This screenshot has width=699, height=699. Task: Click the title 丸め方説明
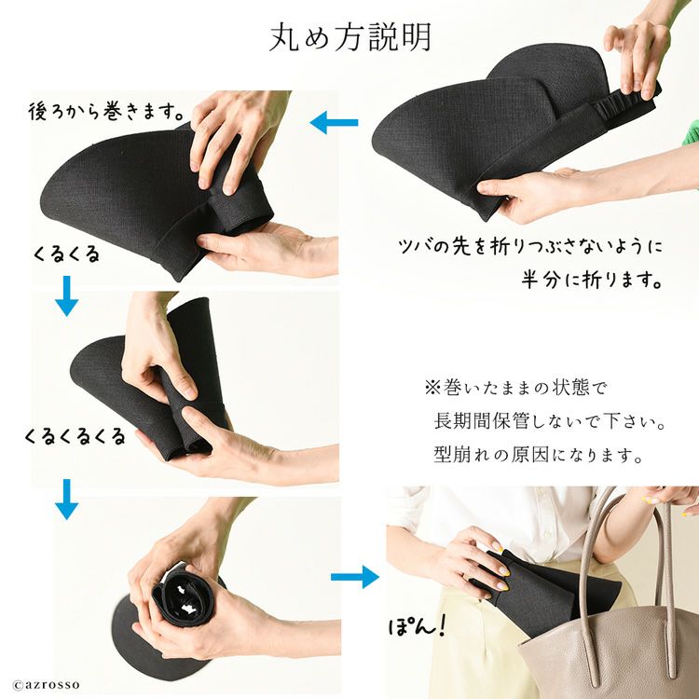(350, 37)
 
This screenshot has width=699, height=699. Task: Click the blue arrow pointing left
(334, 123)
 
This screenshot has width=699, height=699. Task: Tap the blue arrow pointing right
(355, 577)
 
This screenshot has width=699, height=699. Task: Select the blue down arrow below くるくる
(67, 296)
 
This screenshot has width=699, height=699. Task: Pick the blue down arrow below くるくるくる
(67, 500)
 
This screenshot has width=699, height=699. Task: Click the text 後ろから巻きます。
(106, 111)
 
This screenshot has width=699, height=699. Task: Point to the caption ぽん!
(417, 626)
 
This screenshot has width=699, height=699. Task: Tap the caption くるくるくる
(75, 436)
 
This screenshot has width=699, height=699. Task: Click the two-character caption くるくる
(67, 254)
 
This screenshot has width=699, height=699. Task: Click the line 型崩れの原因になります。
(538, 454)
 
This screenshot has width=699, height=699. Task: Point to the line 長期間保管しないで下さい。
(550, 420)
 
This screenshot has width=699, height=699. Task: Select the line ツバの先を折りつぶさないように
(530, 247)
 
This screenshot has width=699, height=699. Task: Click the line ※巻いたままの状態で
(515, 387)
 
